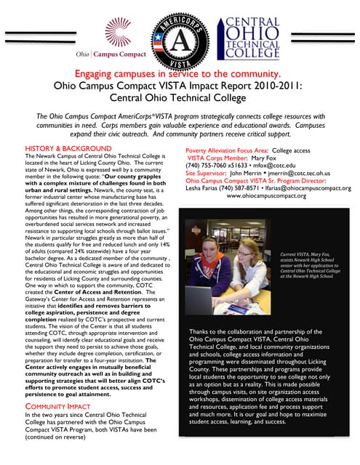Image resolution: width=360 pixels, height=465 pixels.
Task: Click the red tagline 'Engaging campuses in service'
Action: point(179,76)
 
